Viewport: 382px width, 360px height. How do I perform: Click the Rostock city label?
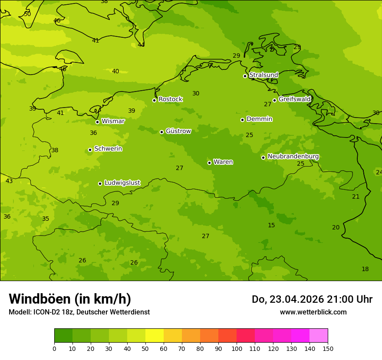click(170, 99)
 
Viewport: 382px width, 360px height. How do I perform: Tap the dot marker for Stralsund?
click(245, 76)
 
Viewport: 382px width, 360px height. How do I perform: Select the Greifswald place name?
click(294, 99)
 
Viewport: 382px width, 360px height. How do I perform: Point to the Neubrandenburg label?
click(293, 157)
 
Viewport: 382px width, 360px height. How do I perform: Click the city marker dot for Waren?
click(209, 163)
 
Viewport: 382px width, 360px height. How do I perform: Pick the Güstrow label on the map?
click(178, 131)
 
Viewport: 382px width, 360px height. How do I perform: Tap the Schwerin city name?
click(108, 149)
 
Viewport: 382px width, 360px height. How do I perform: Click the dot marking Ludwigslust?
click(100, 183)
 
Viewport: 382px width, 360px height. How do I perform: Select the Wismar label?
click(113, 121)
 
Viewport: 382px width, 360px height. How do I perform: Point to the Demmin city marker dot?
click(242, 120)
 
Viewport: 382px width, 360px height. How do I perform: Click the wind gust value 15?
click(271, 225)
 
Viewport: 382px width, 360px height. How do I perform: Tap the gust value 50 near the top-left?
click(27, 14)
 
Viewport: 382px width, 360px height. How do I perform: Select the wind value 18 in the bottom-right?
click(365, 269)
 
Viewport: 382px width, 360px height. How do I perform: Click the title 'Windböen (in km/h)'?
click(70, 299)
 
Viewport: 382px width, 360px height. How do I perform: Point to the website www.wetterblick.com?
click(313, 312)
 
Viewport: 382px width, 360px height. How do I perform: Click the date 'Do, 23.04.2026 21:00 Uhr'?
click(312, 299)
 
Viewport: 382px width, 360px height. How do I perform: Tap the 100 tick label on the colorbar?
click(237, 348)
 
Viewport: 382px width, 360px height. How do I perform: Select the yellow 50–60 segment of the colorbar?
click(155, 336)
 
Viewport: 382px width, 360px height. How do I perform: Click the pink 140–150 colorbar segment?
click(319, 336)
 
